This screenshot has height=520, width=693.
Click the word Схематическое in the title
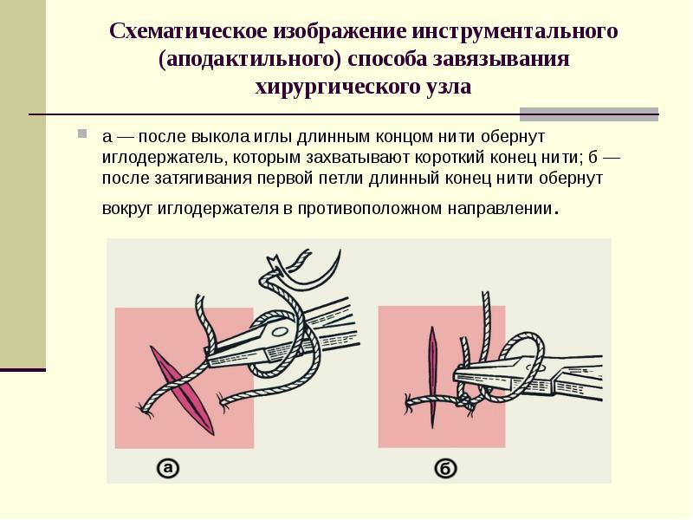click(188, 31)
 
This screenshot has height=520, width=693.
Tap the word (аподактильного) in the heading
click(249, 59)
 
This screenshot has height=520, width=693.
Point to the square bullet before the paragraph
click(82, 133)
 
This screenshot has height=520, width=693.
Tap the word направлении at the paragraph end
click(501, 208)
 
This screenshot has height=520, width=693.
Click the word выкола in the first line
click(221, 137)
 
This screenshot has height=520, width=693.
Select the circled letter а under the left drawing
click(167, 468)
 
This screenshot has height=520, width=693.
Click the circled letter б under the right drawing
click(445, 468)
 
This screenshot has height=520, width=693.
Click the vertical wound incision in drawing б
click(432, 377)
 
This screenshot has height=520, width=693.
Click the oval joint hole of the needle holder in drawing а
click(280, 331)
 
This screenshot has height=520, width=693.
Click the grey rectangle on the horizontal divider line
click(589, 114)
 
